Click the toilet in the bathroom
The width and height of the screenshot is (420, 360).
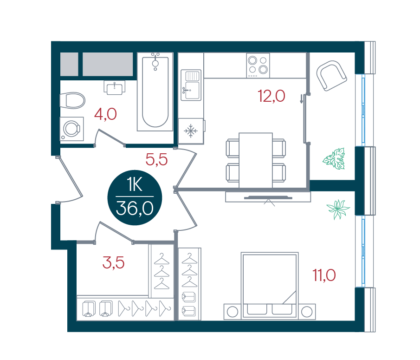pos(72,100)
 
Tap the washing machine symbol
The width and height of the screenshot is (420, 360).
pos(72,129)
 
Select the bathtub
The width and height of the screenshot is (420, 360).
pos(155,92)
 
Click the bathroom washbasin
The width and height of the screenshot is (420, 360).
pos(115,88)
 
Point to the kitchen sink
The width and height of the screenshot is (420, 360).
pos(191,85)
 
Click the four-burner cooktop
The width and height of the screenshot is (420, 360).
pos(258,65)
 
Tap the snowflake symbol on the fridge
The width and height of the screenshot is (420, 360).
pos(190,131)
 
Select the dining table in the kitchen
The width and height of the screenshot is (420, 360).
pos(256,160)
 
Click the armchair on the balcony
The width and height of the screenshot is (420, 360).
pos(332,76)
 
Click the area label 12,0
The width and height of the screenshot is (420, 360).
pos(271,96)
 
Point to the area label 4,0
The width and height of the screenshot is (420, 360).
pos(105,114)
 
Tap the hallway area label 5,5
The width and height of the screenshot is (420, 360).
pos(157,159)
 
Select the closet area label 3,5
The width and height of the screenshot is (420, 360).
pos(114,262)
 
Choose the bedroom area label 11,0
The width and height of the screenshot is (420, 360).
pos(324,275)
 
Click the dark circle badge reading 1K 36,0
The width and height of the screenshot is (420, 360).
pos(135,197)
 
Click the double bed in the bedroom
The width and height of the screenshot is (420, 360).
pos(270,286)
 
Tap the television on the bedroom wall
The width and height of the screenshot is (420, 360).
pos(268,198)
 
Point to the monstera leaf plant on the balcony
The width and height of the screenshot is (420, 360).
pos(334,159)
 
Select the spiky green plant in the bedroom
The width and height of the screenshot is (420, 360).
pos(338,209)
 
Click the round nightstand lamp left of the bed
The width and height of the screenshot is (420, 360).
pos(232,312)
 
